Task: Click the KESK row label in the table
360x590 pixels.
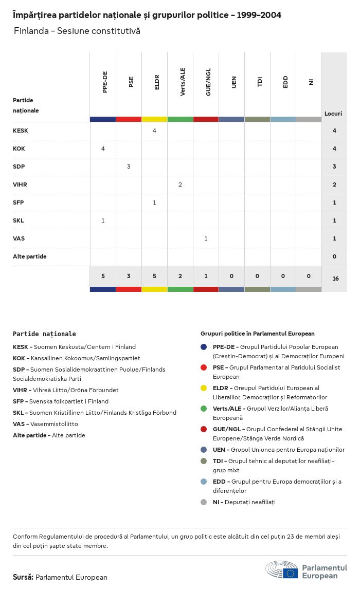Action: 21,131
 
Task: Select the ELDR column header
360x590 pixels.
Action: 157,82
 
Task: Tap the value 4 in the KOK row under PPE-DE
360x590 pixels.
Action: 103,149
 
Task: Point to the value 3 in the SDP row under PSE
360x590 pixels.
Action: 129,167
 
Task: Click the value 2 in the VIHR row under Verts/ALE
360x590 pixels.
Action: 180,185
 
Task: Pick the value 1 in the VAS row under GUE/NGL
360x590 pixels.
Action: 206,238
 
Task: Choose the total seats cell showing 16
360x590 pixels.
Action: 335,279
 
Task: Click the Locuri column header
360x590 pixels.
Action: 333,114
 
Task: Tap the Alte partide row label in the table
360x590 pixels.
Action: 29,256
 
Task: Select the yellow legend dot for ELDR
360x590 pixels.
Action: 204,388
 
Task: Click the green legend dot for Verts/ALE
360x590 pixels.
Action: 204,409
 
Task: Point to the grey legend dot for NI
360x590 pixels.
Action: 204,502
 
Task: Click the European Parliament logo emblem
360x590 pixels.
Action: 282,570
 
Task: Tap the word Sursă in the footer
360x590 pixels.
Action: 23,577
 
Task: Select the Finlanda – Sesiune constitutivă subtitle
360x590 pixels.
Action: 77,31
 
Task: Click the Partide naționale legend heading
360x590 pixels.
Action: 44,334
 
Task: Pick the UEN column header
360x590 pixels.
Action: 234,82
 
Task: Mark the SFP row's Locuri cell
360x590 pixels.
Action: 334,202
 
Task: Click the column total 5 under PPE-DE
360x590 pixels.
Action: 103,276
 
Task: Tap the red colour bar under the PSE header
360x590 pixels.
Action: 129,119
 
